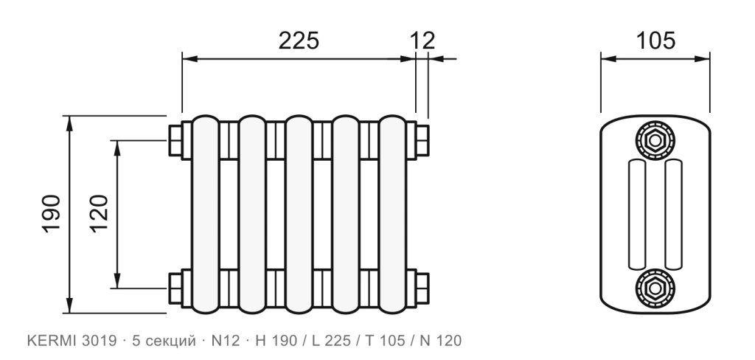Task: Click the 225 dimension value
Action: [x=299, y=41]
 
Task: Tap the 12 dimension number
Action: [x=422, y=41]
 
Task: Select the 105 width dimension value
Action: [x=655, y=41]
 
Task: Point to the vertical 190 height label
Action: [x=52, y=214]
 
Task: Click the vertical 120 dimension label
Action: [x=100, y=214]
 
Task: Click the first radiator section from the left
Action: [x=206, y=215]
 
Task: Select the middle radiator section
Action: [x=299, y=215]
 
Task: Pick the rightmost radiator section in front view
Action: [x=392, y=215]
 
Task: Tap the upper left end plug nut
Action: [x=175, y=140]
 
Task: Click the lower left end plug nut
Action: [x=175, y=288]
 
